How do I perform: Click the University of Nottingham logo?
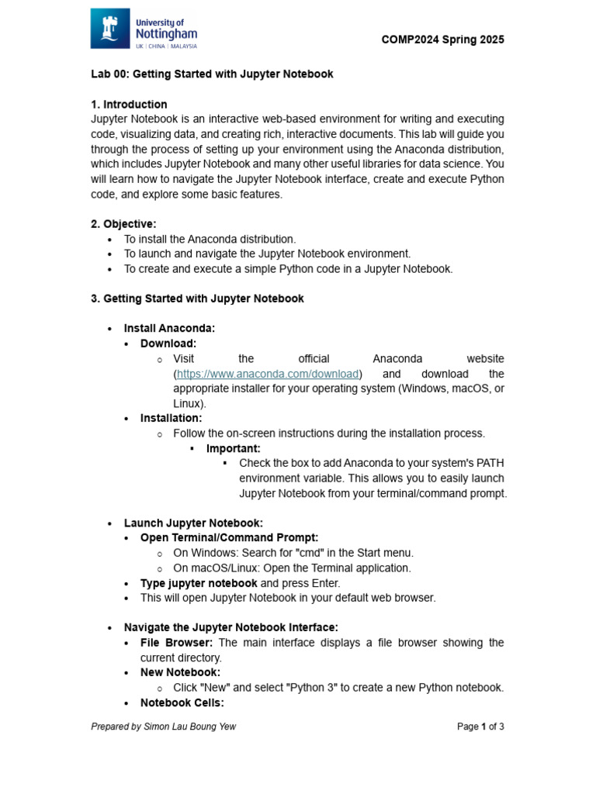(144, 29)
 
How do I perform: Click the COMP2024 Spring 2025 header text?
(443, 40)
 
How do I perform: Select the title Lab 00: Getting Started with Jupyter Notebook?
(212, 74)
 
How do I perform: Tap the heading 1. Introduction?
(129, 104)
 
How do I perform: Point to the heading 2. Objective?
(123, 224)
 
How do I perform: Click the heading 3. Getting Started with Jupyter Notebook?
(197, 299)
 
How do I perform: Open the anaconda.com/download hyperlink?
(269, 374)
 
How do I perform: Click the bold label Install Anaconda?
(169, 328)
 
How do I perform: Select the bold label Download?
(168, 343)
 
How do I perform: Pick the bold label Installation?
(171, 418)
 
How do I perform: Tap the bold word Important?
(234, 448)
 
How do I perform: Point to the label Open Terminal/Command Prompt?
(229, 537)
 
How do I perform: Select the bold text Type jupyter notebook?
(199, 582)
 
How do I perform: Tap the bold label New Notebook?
(180, 672)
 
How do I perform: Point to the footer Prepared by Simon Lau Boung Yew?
(163, 727)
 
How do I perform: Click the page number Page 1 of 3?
(480, 727)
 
